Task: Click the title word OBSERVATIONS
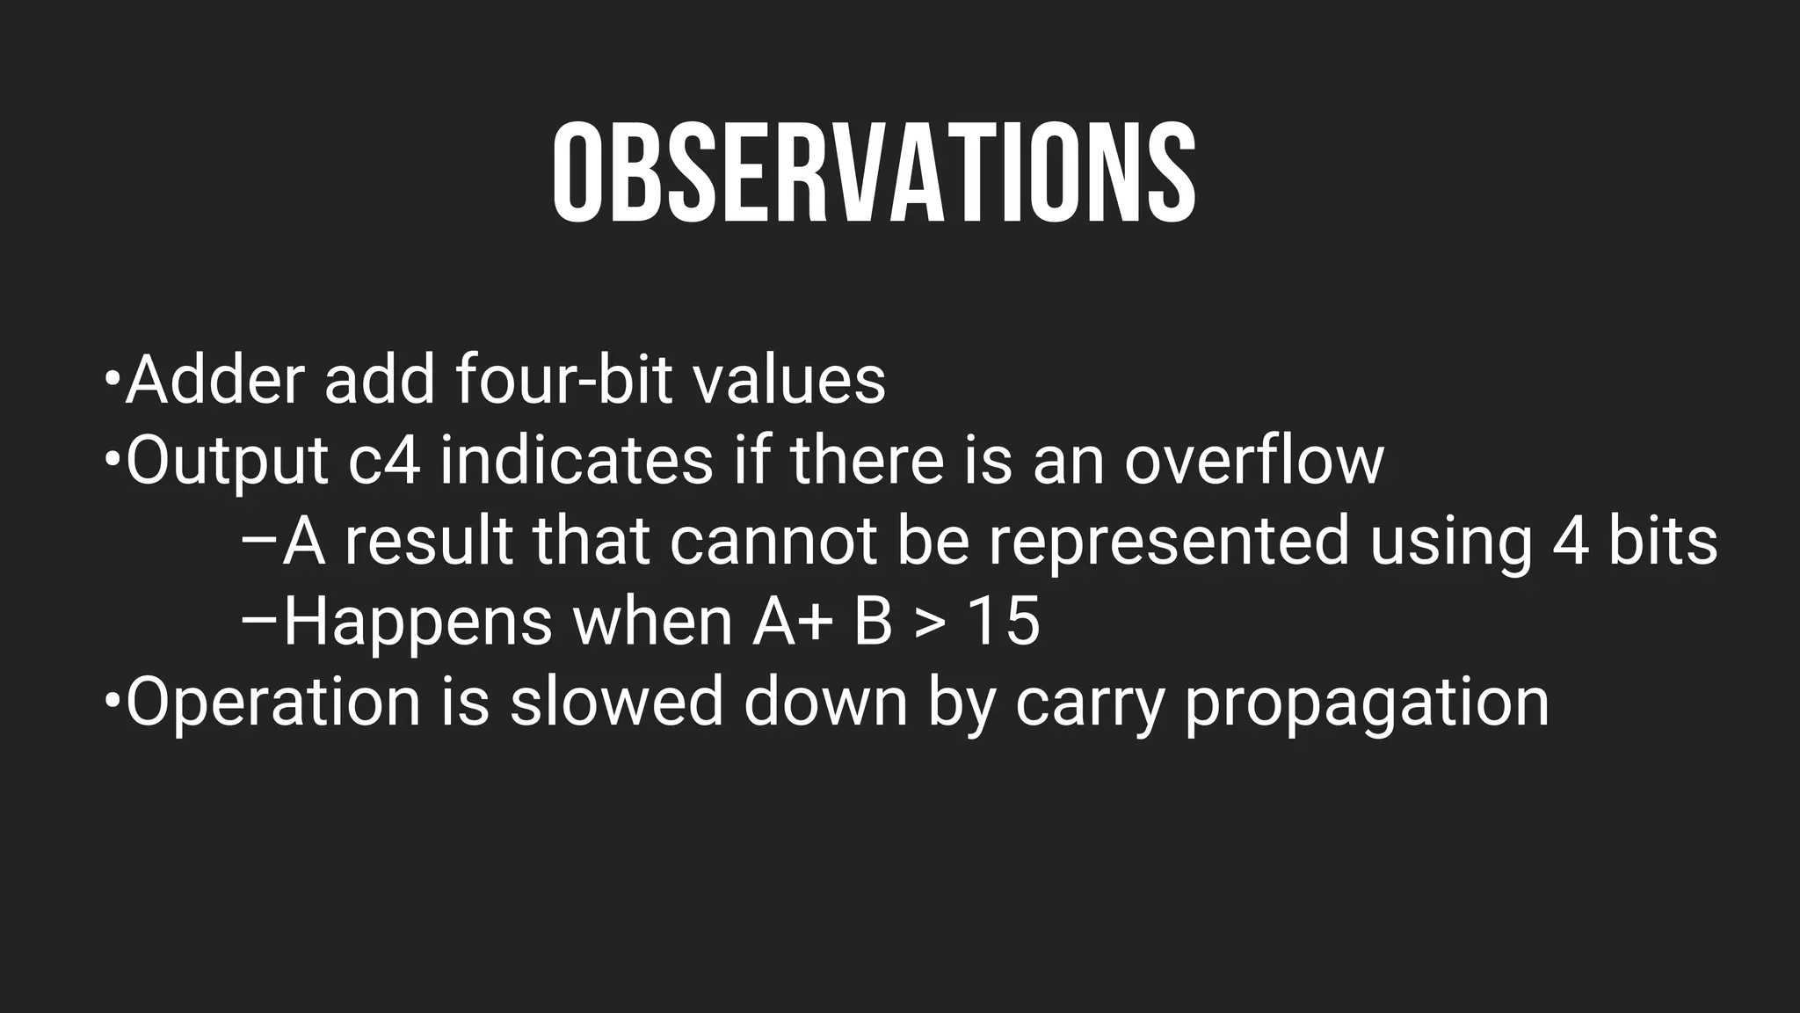click(x=874, y=173)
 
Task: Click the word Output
click(x=227, y=462)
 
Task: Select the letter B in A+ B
click(x=872, y=623)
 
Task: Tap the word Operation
click(x=273, y=703)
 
